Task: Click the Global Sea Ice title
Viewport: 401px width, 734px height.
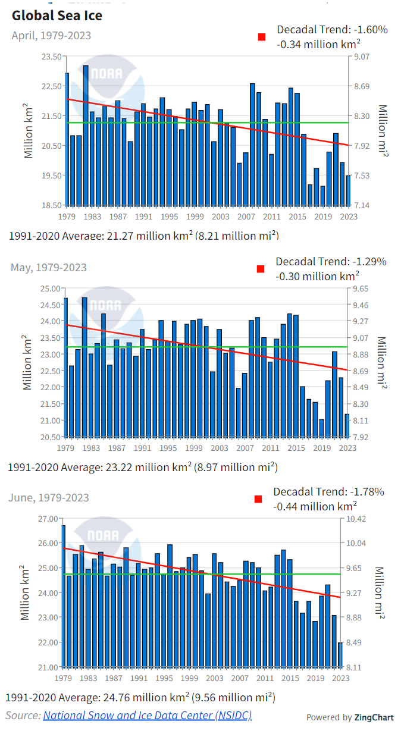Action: coord(57,15)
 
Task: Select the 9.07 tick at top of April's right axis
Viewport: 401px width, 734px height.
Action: coord(362,57)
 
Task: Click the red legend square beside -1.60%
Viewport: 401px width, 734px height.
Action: coord(261,37)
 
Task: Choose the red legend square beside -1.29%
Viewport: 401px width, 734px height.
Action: coord(260,269)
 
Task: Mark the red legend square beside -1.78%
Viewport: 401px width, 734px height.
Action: coord(258,499)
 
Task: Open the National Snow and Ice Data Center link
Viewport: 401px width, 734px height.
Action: coord(147,715)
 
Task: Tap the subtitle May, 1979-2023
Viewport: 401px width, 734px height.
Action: coord(48,268)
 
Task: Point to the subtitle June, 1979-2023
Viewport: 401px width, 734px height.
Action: coord(49,498)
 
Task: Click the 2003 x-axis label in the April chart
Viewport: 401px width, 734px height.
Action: coord(221,217)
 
